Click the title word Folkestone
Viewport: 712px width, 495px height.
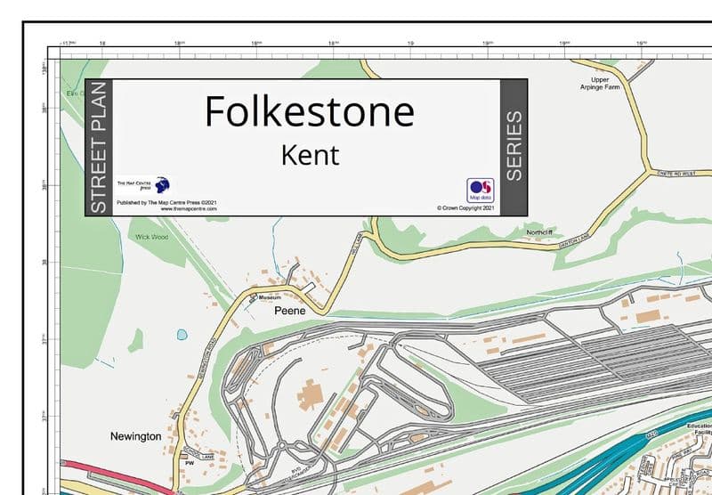[x=309, y=112]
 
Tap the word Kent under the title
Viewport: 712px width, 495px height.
[x=310, y=155]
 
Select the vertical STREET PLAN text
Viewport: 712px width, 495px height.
[x=99, y=147]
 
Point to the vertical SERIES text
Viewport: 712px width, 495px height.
[x=514, y=147]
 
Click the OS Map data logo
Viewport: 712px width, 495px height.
[x=480, y=191]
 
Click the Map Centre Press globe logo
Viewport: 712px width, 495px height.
[x=162, y=185]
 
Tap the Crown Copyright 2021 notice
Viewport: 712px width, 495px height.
[x=465, y=208]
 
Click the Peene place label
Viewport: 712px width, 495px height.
[x=289, y=312]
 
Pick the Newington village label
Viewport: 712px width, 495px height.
[x=135, y=436]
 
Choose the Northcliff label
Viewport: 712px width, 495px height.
[x=540, y=232]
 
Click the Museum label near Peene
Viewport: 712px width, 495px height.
[x=269, y=296]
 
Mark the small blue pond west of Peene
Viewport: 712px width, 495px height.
[x=182, y=335]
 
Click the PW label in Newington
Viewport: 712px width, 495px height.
[x=189, y=464]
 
